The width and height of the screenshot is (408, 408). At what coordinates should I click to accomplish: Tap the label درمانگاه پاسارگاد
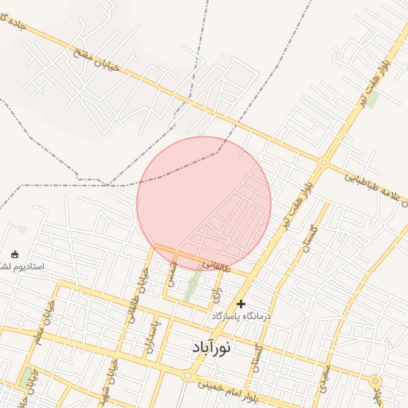click(241, 316)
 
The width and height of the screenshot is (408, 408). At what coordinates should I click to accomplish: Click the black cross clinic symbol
click(241, 304)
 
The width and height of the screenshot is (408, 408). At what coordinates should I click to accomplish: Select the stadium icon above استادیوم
click(14, 254)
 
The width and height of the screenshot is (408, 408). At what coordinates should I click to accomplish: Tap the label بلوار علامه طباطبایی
click(375, 186)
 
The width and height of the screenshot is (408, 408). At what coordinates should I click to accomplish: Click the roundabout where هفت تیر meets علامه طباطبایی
click(324, 163)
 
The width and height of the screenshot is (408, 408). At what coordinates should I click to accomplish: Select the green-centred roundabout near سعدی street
click(375, 382)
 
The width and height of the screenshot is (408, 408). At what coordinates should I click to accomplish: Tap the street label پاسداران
click(152, 335)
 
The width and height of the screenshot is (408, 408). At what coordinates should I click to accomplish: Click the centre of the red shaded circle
click(204, 204)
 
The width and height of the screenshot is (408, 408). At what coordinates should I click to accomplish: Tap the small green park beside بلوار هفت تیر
click(371, 100)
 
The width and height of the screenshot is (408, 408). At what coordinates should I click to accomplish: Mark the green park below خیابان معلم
click(26, 375)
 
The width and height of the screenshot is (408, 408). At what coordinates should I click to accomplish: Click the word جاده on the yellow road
click(17, 24)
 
